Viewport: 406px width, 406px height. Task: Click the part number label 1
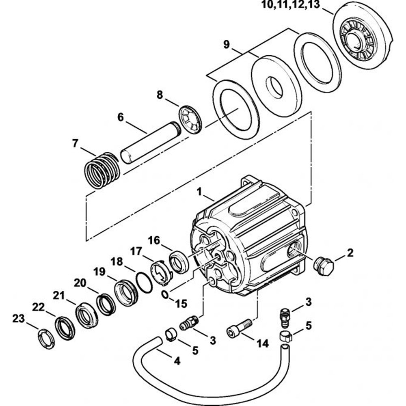[199, 192]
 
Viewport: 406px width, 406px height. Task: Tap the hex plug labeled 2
[324, 266]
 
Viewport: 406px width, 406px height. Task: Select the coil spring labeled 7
[102, 170]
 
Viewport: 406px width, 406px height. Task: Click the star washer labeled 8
[191, 119]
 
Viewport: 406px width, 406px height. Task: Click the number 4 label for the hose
[177, 361]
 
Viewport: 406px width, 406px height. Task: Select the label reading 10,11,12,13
[291, 4]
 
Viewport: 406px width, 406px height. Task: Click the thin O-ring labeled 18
[144, 283]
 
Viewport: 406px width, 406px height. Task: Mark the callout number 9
[226, 45]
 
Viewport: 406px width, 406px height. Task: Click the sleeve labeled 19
[126, 293]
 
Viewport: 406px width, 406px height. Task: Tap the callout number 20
[80, 283]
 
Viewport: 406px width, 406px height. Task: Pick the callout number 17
[136, 251]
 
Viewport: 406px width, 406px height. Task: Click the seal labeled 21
[87, 315]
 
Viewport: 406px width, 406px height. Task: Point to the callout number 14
[262, 343]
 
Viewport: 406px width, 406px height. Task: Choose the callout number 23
[18, 318]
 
